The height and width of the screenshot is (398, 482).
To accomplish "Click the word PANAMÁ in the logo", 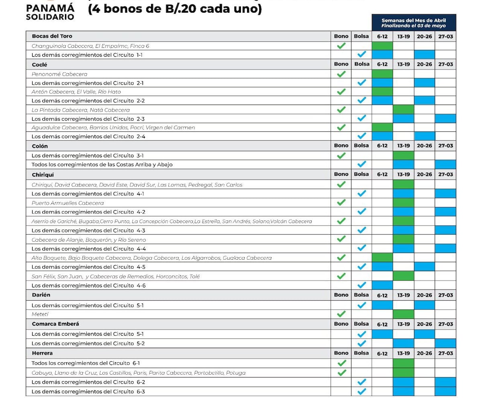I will coord(50,8).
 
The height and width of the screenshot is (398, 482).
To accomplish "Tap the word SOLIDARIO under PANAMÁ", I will coord(50,17).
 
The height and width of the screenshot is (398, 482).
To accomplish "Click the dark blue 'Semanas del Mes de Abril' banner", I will coord(413,23).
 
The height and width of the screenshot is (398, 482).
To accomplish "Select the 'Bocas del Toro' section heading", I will coord(52,36).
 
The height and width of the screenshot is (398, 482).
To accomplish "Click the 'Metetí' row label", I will coord(40,314).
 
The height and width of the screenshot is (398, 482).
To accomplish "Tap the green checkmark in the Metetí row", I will coord(341,314).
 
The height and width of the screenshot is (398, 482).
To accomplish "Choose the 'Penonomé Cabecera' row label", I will coord(59,74).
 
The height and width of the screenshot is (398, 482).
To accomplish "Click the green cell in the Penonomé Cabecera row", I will coord(382,74).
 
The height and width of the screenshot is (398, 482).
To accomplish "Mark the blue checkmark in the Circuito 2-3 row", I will coord(361,118).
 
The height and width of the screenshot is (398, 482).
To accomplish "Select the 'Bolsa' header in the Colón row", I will coord(361,146).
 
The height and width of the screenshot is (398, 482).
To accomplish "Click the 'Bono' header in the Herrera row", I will coord(341,353).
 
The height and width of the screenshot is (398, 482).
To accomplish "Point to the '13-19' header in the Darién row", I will coord(403,295).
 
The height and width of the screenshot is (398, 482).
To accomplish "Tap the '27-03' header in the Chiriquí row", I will coord(445,174).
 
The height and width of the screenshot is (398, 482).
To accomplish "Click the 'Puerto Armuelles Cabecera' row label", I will coord(67,203).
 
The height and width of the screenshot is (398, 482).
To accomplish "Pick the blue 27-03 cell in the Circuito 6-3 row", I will coord(445,391).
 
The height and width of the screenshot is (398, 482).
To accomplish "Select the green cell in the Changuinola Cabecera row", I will coord(382,46).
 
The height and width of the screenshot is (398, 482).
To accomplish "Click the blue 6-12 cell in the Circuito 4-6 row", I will coord(382,285).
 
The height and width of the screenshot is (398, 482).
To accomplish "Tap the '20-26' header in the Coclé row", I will coord(424,64).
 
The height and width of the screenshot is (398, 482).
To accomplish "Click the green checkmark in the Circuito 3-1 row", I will coord(341,156).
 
